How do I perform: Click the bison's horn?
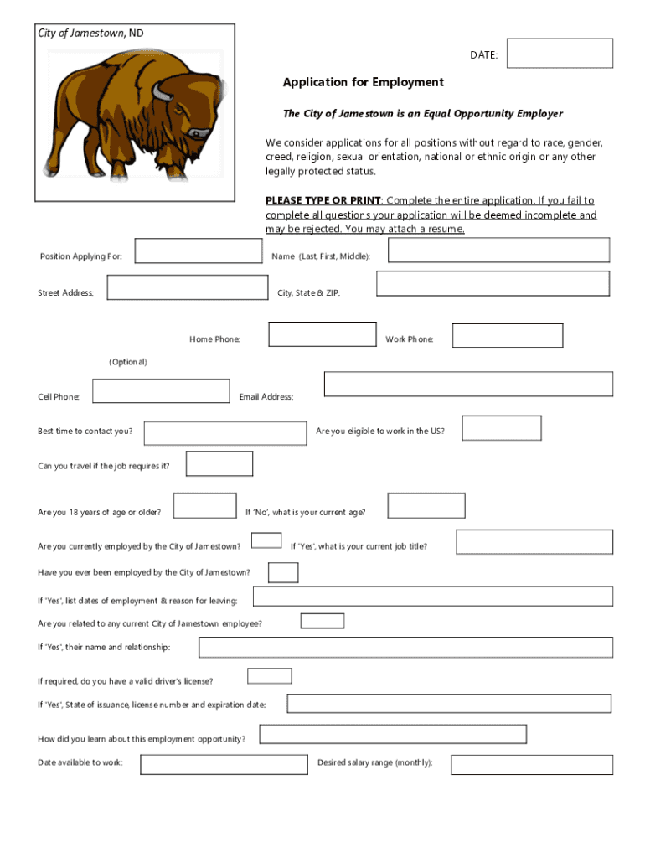pos(159,90)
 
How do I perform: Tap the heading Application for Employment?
pos(363,82)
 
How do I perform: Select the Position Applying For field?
pos(199,251)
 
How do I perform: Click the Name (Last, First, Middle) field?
pos(498,250)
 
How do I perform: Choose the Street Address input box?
pos(188,287)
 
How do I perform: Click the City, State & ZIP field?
pos(493,283)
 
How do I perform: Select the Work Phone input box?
pos(508,335)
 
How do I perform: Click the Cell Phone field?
pos(161,391)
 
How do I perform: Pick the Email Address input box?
pos(468,384)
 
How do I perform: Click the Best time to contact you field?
pos(225,433)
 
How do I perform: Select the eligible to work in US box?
pos(502,427)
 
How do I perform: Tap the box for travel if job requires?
pos(219,463)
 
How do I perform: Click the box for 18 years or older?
pos(204,506)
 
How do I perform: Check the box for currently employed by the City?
pos(266,540)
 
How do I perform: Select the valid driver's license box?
pos(270,676)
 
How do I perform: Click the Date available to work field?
pos(224,764)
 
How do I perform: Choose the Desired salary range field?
pos(532,764)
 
